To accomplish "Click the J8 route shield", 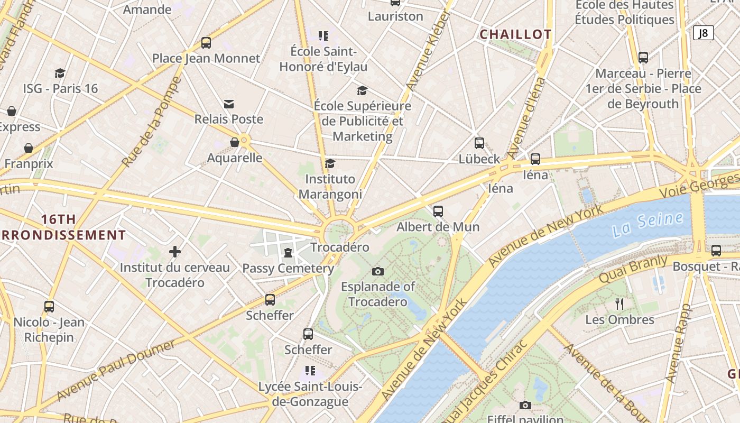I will point(703,33).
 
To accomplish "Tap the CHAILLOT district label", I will point(515,35).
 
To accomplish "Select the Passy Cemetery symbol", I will point(288,253).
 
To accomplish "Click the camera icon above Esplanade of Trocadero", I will point(377,271).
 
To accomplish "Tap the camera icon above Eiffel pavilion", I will point(525,405).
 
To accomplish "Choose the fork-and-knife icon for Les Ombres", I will point(619,304).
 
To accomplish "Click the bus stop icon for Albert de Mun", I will point(438,212).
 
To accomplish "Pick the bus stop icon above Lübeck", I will point(479,143).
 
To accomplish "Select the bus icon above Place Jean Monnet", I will point(206,43).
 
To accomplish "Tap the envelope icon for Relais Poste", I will point(229,104).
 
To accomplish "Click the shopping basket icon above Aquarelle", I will point(235,142).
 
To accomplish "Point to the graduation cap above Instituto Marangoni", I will point(330,163).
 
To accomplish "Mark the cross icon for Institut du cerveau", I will point(175,252).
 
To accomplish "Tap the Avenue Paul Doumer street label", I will point(116,371).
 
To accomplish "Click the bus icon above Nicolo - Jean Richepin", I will point(49,306).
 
